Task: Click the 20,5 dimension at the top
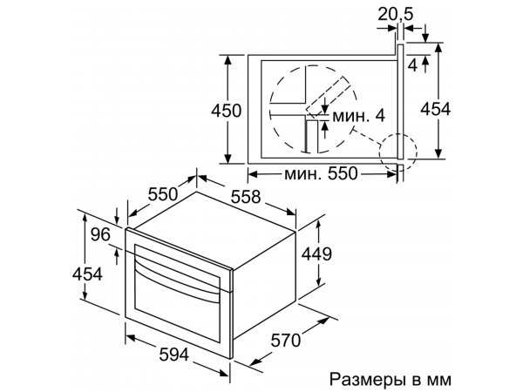[395, 14]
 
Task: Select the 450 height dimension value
[226, 111]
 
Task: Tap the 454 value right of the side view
[435, 109]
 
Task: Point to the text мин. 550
[321, 173]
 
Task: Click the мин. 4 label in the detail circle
[359, 116]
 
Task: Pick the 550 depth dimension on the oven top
[163, 193]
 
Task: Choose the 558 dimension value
[246, 197]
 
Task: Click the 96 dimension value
[100, 234]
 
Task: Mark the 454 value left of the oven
[87, 274]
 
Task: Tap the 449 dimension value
[316, 254]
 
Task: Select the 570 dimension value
[286, 341]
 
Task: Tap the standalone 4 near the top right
[413, 65]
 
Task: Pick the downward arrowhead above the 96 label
[117, 219]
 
